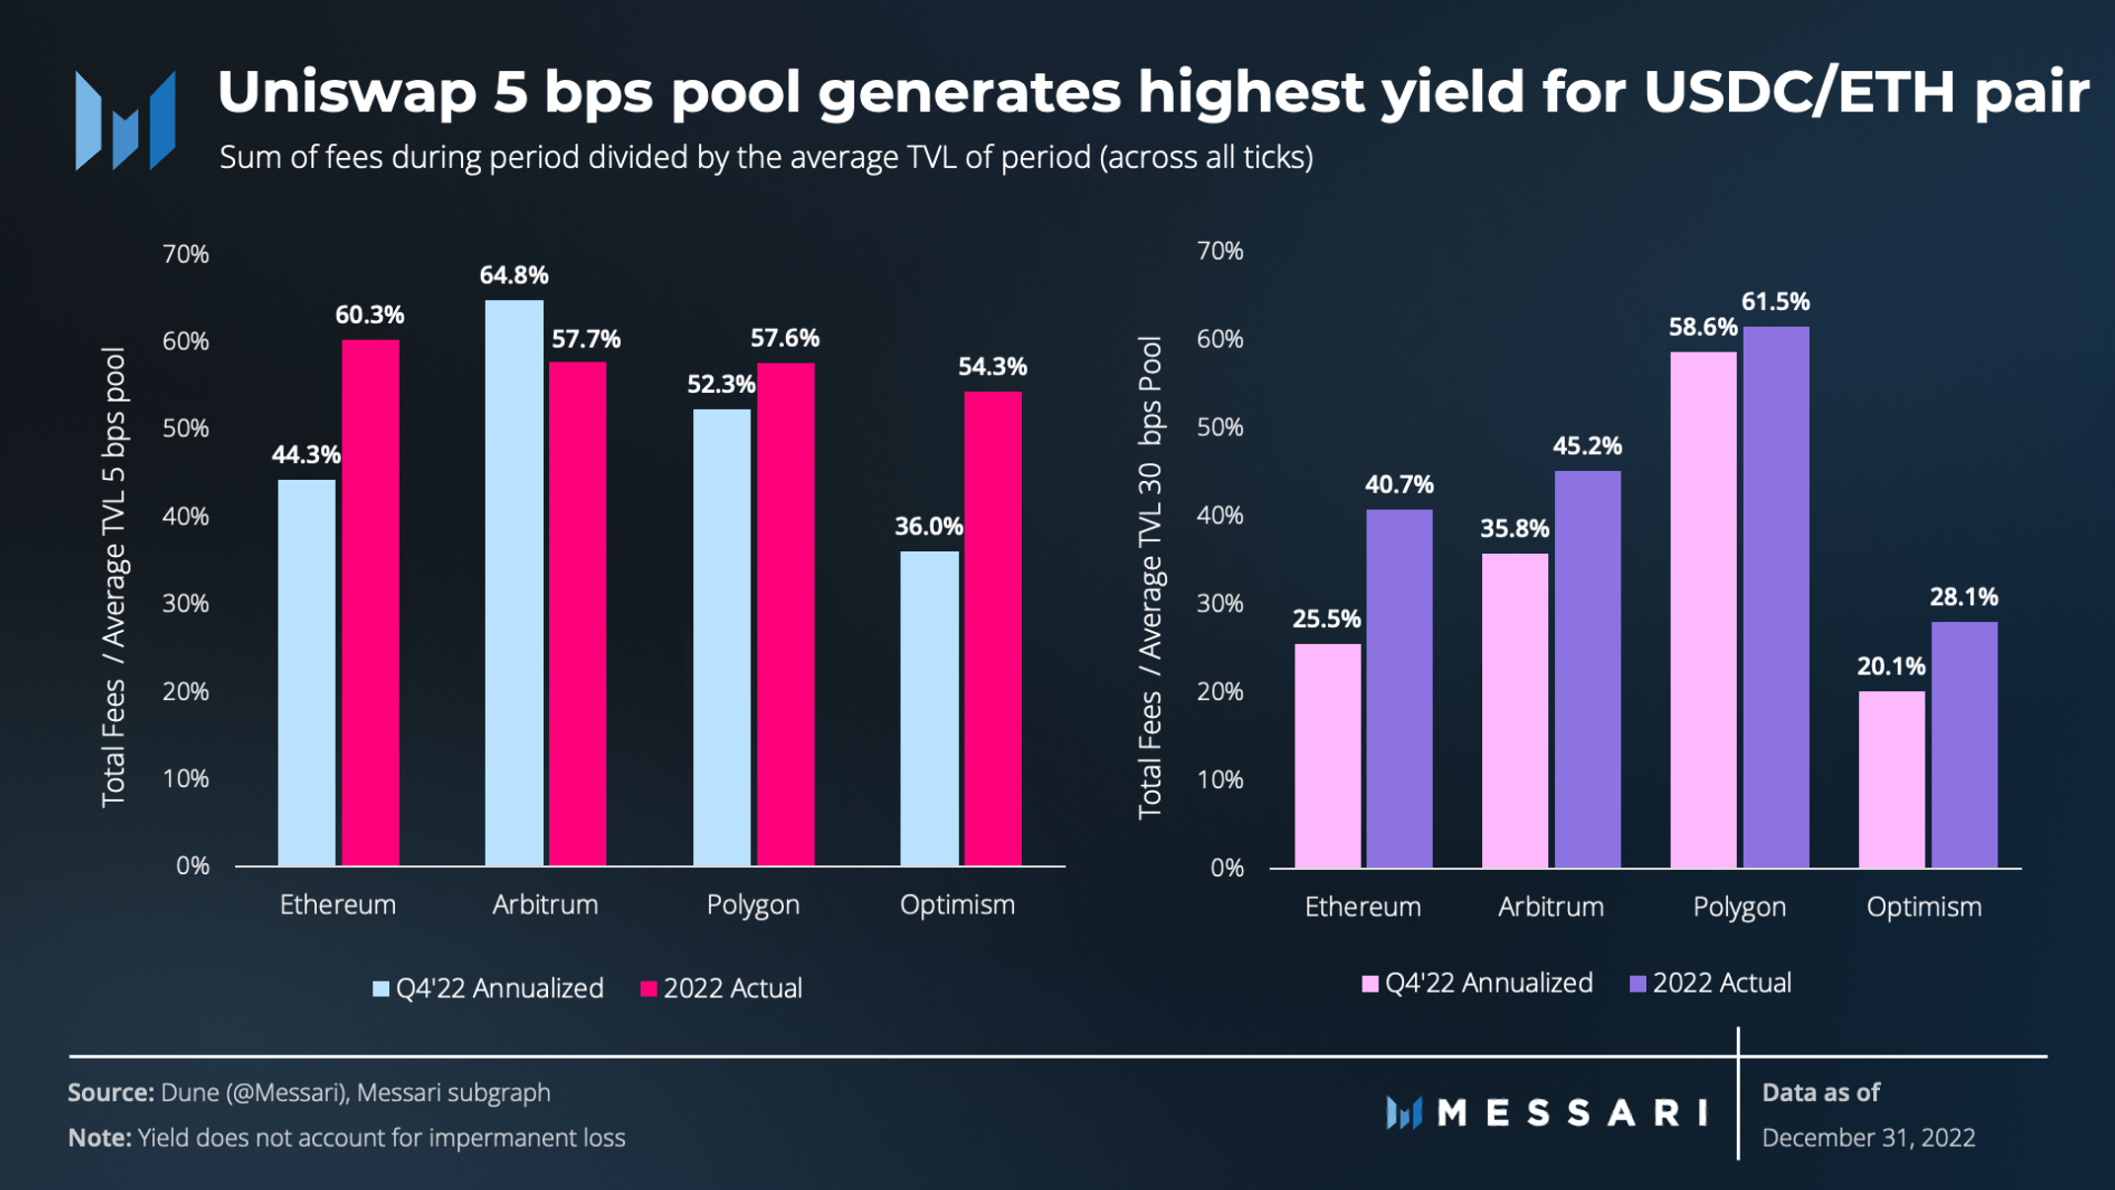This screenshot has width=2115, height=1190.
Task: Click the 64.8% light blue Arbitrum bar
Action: coord(514,583)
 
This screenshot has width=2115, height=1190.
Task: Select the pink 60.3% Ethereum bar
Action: coord(370,602)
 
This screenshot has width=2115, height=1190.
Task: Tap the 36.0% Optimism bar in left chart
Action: coord(929,708)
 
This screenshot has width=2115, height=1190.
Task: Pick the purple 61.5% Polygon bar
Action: coord(1775,596)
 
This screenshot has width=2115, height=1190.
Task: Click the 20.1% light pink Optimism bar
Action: coord(1892,779)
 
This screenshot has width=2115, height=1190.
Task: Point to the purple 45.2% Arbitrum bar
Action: coord(1588,670)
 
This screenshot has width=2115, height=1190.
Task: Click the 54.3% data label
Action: coord(992,367)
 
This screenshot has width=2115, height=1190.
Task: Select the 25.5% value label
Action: coord(1326,619)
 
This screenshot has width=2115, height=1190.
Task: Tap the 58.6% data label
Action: coord(1702,327)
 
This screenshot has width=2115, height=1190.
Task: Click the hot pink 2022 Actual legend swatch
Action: coord(649,989)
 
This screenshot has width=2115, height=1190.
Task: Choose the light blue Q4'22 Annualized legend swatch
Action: coord(381,989)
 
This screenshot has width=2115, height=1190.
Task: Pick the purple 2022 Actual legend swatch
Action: coord(1638,984)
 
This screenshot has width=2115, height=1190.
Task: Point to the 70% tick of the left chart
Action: coord(186,255)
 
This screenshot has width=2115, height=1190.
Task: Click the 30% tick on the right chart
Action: coord(1220,603)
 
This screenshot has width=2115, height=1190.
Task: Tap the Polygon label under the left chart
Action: coord(753,905)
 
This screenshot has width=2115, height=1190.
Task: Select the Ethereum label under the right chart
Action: coord(1363,907)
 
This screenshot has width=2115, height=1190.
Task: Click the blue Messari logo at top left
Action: coord(125,120)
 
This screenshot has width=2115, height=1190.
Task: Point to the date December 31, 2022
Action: coord(1869,1138)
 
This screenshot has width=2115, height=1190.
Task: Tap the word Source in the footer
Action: coord(111,1092)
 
